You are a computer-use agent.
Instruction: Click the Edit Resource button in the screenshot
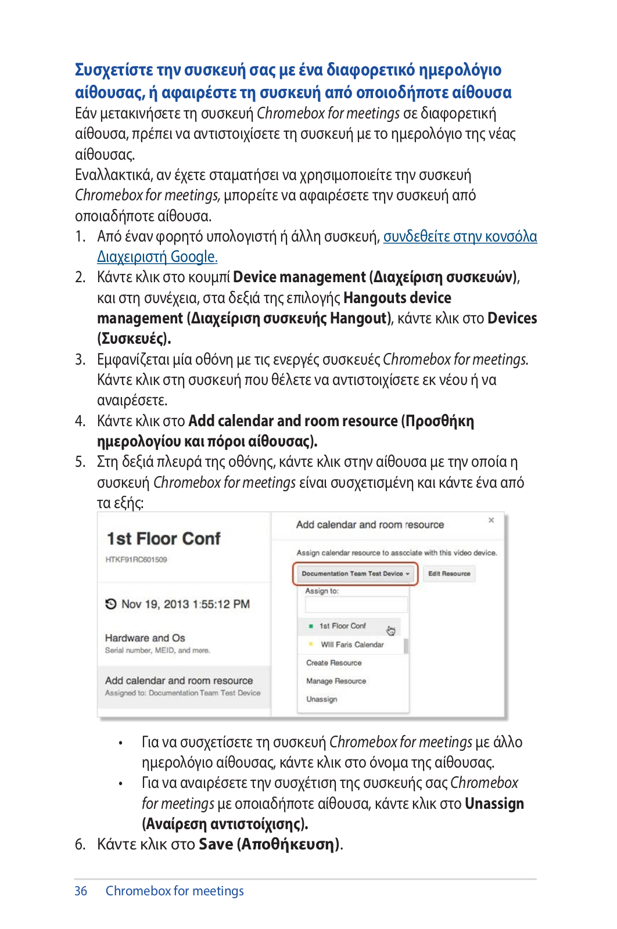[x=449, y=574]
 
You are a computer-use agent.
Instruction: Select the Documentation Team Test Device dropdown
[x=355, y=574]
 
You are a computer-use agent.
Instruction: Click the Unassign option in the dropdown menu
[x=322, y=699]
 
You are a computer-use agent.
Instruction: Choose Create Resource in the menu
[x=334, y=662]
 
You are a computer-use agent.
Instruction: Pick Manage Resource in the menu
[x=336, y=681]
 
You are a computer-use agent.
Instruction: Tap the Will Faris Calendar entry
[x=352, y=644]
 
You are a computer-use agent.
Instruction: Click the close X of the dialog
[x=492, y=520]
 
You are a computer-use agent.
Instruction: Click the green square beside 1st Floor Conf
[x=311, y=626]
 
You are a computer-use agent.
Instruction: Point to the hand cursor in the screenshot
[x=390, y=631]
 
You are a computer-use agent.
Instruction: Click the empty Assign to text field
[x=356, y=604]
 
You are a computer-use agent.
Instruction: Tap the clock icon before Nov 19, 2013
[x=111, y=604]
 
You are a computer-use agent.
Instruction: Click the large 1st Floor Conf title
[x=164, y=539]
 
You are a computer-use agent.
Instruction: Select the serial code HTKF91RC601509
[x=136, y=560]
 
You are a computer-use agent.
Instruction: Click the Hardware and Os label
[x=145, y=638]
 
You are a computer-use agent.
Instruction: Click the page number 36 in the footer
[x=81, y=891]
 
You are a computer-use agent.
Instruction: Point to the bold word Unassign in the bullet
[x=494, y=804]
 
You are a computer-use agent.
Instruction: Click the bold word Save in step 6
[x=216, y=844]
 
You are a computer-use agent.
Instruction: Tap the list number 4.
[x=80, y=421]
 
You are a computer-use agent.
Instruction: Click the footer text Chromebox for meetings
[x=174, y=891]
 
